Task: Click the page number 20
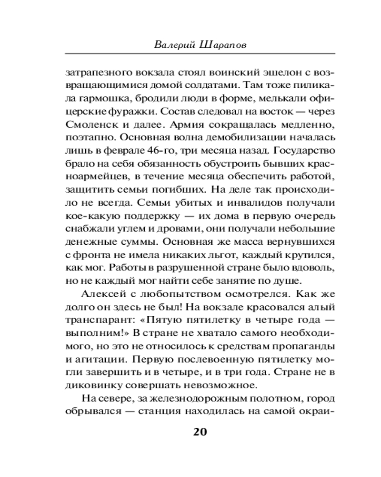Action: click(200, 432)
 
